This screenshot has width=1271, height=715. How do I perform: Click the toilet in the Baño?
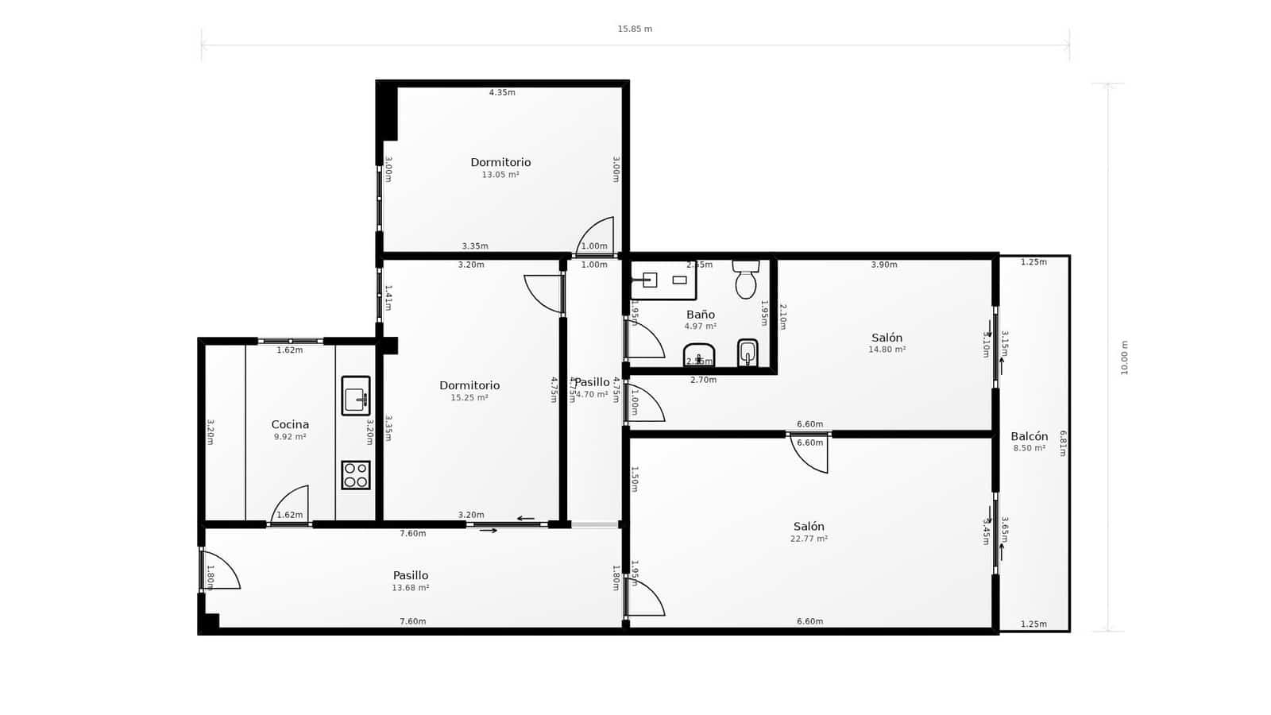coord(745,280)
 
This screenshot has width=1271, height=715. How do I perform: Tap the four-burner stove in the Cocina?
coord(355,475)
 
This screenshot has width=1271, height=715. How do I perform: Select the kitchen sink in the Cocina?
coord(355,396)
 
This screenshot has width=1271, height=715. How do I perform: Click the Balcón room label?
coord(1029,436)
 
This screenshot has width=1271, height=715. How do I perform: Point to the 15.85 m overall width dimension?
coord(635,29)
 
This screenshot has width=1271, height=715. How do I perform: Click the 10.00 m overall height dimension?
coord(1124,357)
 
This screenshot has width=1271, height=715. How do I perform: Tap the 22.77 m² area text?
coord(809,539)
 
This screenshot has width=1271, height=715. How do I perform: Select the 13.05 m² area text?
coord(500,175)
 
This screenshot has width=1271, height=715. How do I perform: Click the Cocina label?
coord(290,424)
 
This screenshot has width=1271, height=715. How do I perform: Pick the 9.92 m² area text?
coord(290,437)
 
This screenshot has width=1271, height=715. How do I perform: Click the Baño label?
coord(700,315)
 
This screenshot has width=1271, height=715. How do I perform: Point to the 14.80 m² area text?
coord(887,350)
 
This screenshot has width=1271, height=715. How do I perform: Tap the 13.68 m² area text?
coord(410,588)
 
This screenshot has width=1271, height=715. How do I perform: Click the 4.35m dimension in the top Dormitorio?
coord(502,93)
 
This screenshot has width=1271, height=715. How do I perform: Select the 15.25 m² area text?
coord(469,398)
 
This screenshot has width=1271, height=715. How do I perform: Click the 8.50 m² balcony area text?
coord(1029,448)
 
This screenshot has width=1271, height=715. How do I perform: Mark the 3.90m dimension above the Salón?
coord(883,265)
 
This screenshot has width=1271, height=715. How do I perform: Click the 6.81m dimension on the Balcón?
coord(1063,443)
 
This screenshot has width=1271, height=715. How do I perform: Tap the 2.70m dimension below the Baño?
coord(703,380)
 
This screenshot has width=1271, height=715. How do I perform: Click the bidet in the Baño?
coord(747,352)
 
